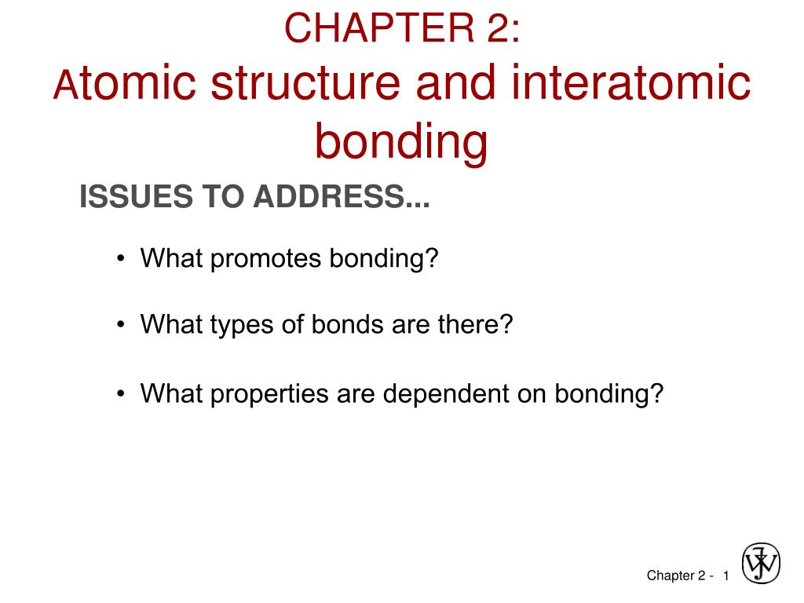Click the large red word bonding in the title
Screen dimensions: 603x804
[401, 142]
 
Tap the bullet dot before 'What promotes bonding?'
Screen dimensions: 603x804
[120, 259]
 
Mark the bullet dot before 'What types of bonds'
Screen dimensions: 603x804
[120, 326]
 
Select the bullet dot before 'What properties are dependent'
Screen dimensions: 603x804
[120, 394]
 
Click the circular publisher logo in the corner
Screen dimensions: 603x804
[761, 564]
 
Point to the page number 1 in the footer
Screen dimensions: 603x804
[726, 576]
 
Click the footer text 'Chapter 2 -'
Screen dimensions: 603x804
[679, 576]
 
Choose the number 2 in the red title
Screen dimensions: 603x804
[502, 29]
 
